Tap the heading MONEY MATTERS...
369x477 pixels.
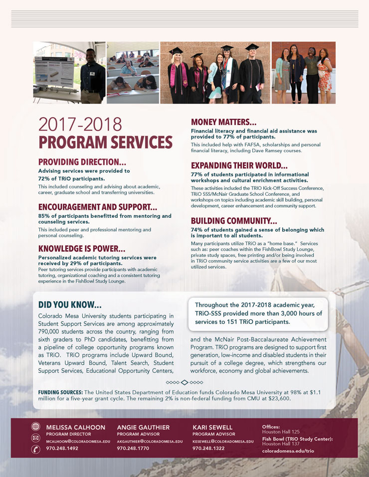coord(224,122)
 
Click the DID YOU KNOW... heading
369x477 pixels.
coord(70,305)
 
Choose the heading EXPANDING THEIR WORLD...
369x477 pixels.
coord(239,165)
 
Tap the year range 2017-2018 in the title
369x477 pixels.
coord(80,124)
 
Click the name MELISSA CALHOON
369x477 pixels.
coord(76,427)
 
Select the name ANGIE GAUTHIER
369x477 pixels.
coord(143,427)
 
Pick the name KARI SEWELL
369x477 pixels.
coord(212,427)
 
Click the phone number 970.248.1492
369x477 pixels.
coord(62,449)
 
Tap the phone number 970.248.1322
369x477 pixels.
coord(208,449)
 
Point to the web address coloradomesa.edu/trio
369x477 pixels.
coord(288,451)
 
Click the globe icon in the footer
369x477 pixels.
coord(35,426)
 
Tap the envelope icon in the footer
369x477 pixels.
coord(35,438)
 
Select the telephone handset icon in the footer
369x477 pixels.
coord(35,449)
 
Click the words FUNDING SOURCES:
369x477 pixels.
coord(60,392)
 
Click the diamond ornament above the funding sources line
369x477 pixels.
coord(184,382)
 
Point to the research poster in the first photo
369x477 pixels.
coord(54,71)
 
